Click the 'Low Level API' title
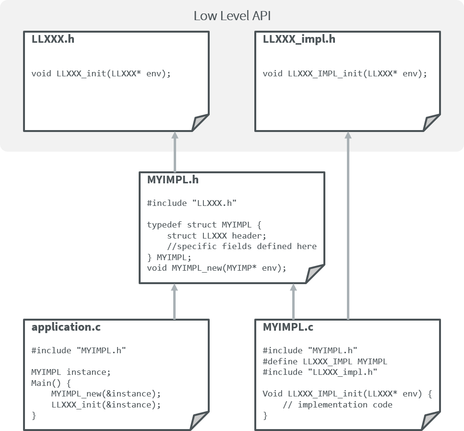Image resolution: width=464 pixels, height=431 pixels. tap(232, 16)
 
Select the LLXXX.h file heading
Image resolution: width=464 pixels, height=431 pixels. tap(53, 39)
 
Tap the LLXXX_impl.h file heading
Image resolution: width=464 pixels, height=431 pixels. tap(299, 39)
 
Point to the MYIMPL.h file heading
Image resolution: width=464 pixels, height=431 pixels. tap(172, 180)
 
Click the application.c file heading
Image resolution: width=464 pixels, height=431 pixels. tap(66, 327)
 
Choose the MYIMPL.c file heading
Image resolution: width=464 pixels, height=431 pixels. tap(288, 327)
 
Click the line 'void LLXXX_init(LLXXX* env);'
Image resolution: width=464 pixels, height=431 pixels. tap(101, 74)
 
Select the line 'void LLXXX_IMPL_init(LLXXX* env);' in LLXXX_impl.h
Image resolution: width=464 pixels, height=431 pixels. tap(345, 74)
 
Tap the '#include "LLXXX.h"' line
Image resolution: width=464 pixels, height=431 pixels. tap(191, 203)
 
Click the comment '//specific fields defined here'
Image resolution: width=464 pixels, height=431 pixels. tap(242, 246)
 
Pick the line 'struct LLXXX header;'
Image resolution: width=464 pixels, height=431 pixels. tap(216, 236)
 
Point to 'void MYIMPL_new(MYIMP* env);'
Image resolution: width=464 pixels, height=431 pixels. tap(216, 268)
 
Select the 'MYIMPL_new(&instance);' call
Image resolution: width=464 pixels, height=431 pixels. tap(106, 394)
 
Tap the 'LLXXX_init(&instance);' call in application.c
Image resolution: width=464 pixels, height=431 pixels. tap(106, 405)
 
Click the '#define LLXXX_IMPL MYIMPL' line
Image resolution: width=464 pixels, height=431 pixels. tap(325, 361)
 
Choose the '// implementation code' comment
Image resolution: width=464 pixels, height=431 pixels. tap(337, 405)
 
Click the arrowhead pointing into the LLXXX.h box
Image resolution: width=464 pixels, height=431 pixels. tap(175, 136)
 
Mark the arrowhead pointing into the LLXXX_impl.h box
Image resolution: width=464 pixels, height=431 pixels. tap(348, 136)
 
